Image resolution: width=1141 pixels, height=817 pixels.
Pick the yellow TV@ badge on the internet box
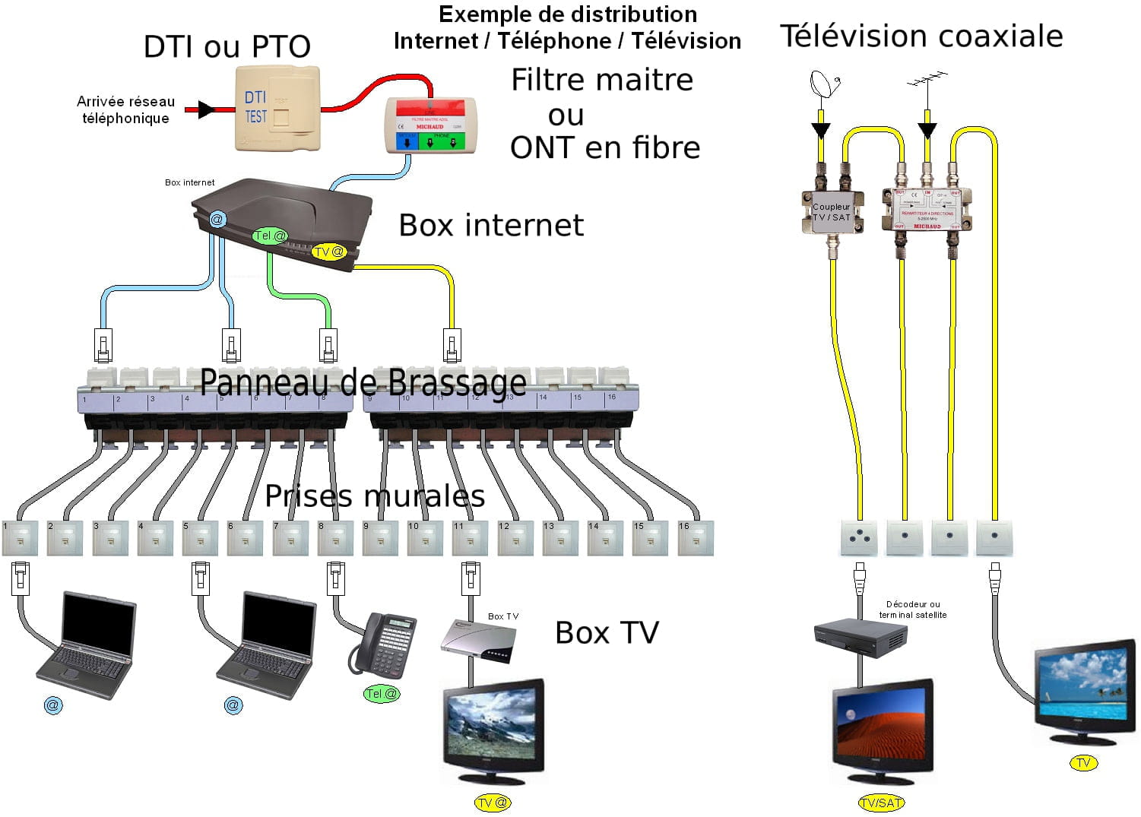(328, 252)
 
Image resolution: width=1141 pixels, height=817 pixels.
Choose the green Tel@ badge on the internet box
(270, 236)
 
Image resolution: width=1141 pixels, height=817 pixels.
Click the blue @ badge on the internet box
(217, 220)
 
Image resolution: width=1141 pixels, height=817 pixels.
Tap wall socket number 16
(696, 537)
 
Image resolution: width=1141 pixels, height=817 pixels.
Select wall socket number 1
(20, 537)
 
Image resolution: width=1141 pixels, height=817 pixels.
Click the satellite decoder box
(861, 637)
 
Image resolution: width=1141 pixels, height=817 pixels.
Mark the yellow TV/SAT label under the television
(881, 803)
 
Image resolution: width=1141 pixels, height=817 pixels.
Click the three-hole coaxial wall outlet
(860, 537)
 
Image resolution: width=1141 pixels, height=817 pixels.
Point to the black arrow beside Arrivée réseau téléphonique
(204, 109)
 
